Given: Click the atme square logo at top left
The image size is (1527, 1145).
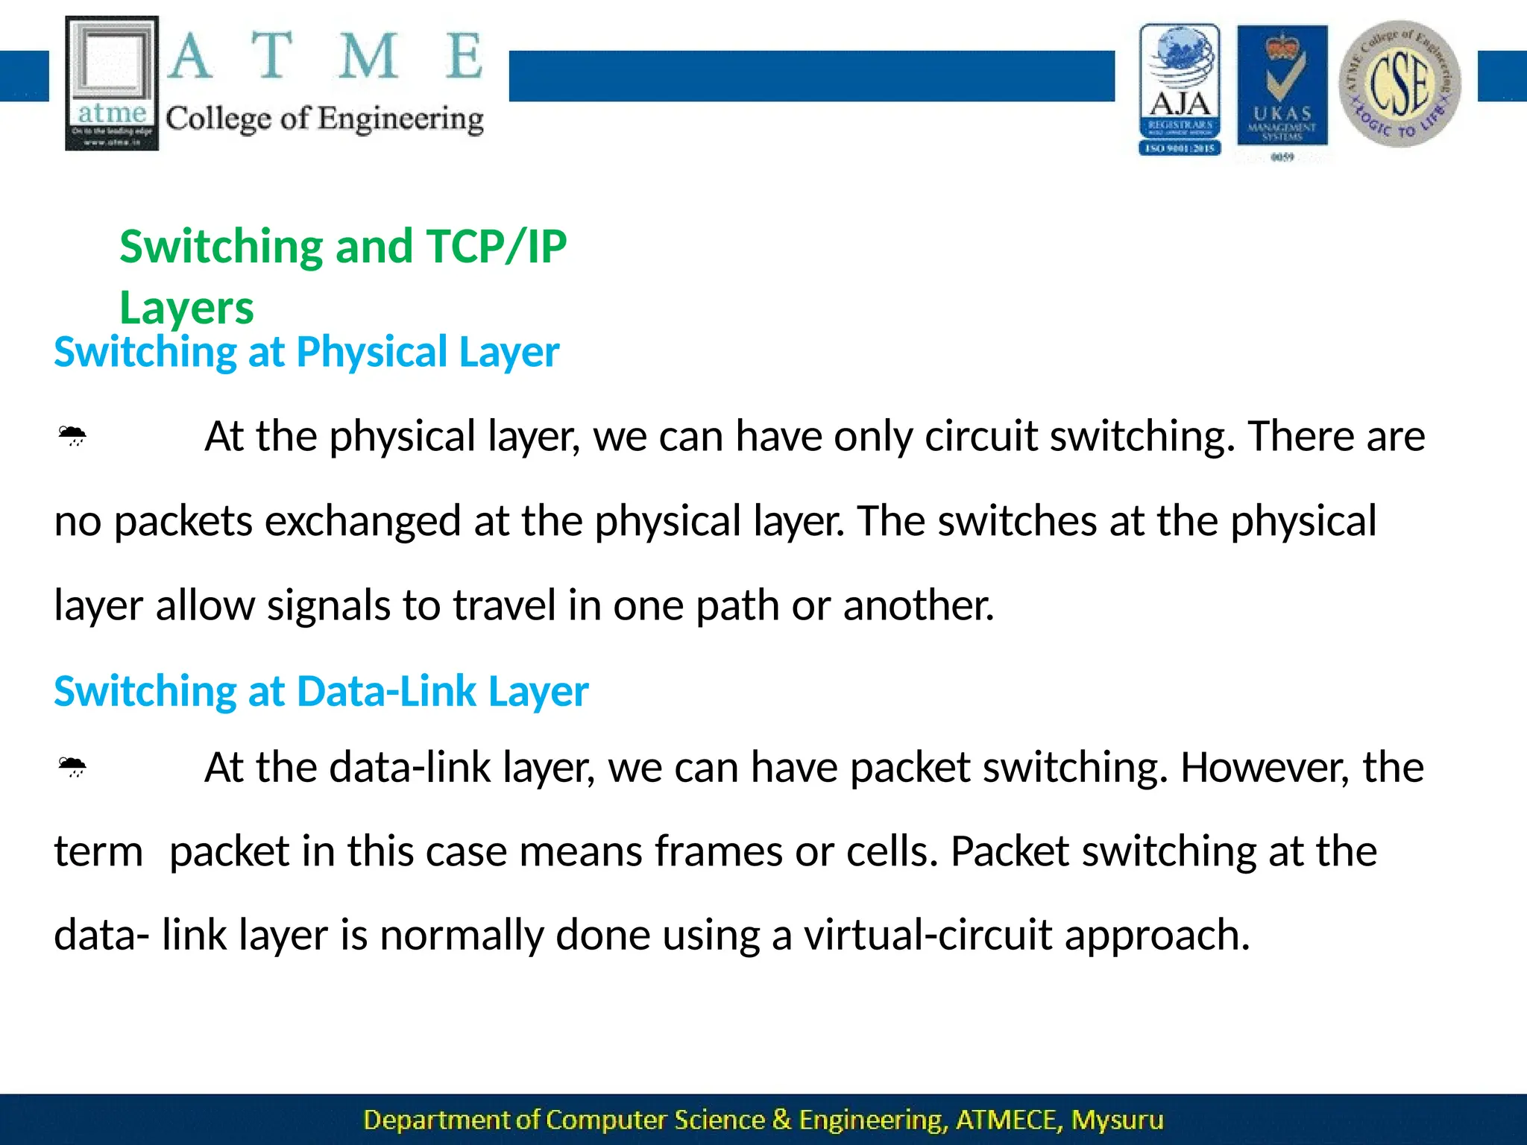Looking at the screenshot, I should (x=112, y=83).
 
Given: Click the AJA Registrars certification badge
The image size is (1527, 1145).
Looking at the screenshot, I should (x=1180, y=89).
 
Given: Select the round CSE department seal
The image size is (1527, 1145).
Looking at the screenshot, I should (x=1400, y=83).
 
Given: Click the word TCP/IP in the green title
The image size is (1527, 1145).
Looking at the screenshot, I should (x=496, y=247).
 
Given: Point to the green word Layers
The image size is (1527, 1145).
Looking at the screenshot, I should (x=186, y=308).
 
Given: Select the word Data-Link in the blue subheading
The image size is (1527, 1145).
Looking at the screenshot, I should (x=386, y=691).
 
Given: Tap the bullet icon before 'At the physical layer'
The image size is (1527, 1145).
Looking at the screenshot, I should (x=72, y=435).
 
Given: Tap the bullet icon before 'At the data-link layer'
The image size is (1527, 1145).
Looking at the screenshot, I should (x=72, y=767).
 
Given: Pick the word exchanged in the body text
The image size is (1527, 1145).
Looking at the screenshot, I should (x=362, y=520).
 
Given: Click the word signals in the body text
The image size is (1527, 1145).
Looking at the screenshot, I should (x=328, y=605).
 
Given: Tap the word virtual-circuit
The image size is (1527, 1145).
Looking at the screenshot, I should (x=928, y=935).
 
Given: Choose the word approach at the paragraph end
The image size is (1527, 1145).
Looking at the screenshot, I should (x=1156, y=936).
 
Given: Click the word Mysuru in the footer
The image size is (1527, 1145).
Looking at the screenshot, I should (x=1117, y=1120).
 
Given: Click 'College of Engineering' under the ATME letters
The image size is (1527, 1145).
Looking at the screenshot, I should (x=324, y=119).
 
